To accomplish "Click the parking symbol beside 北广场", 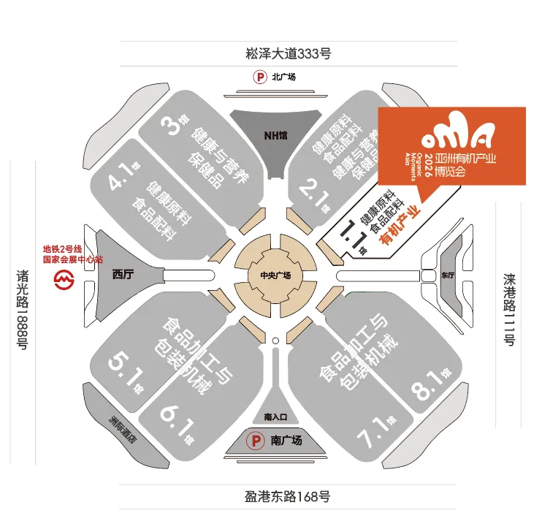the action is point(259,77).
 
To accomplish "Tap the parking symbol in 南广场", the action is point(256,441).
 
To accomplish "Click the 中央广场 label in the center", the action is point(275,275).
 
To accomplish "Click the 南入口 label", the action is point(275,417).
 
